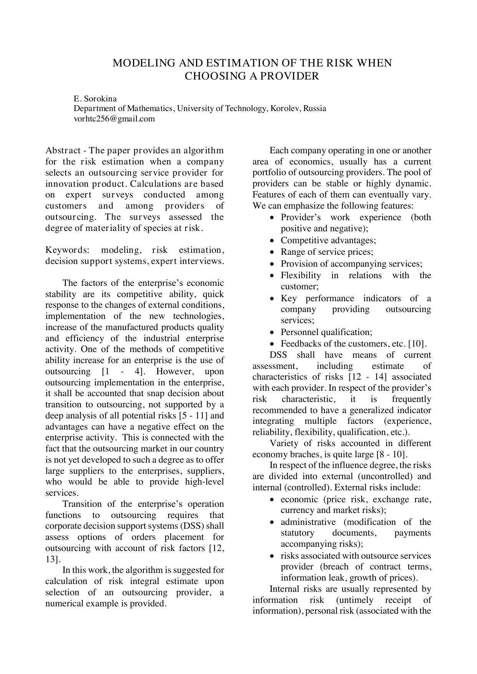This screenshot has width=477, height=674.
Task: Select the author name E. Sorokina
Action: pyautogui.click(x=95, y=99)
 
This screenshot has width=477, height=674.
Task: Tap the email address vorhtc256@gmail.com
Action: pyautogui.click(x=114, y=119)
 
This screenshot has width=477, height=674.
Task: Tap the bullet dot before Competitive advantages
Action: pyautogui.click(x=272, y=241)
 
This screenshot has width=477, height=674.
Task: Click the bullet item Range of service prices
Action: pyautogui.click(x=327, y=252)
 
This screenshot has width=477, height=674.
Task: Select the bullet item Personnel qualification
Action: pyautogui.click(x=326, y=332)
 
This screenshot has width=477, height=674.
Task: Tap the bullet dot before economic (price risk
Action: pyautogui.click(x=272, y=500)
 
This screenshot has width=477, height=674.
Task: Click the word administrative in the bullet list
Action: pyautogui.click(x=308, y=522)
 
